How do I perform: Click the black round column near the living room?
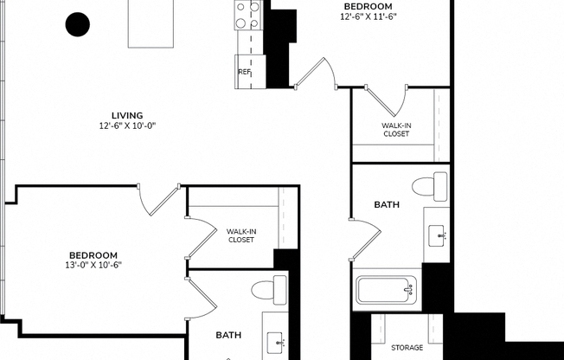coord(78,24)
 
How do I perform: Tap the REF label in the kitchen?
coord(244,72)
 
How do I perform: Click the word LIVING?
coord(126,115)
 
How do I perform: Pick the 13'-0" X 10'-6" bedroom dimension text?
coord(93,266)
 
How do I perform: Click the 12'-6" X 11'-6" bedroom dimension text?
coord(369,16)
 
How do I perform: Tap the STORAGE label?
coord(407,348)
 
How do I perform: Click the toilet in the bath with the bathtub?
coord(430,186)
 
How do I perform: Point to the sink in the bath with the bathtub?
coord(438,235)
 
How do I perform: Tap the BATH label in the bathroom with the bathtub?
coord(386,205)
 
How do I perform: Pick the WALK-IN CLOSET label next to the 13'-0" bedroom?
coord(240,235)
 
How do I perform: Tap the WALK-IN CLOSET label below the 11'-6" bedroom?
coord(396,130)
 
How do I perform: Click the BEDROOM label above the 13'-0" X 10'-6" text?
coord(93,254)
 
